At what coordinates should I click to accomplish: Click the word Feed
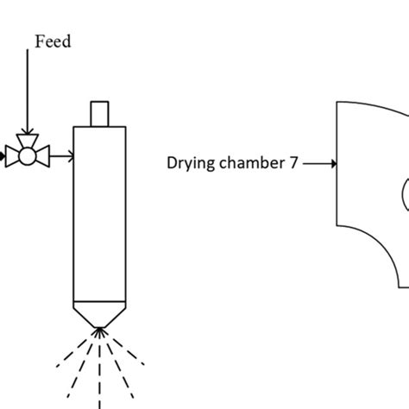[x=53, y=41]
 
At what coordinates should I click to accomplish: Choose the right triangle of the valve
[x=43, y=156]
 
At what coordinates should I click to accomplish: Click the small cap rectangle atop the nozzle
[x=102, y=113]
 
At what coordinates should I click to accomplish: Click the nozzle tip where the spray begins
[x=102, y=328]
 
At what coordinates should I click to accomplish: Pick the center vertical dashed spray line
[x=102, y=371]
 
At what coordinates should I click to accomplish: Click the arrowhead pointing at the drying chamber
[x=330, y=161]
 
